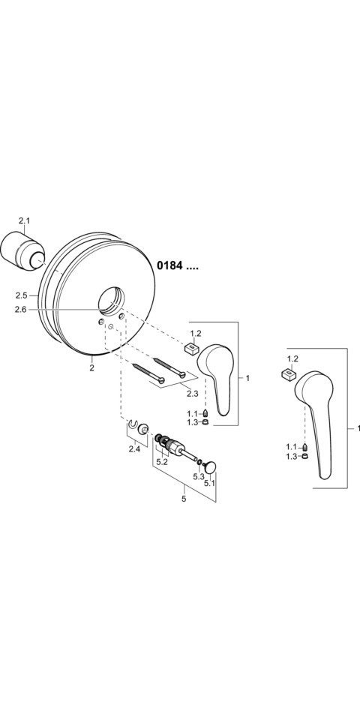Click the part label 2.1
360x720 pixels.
click(24, 220)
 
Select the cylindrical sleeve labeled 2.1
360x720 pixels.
click(22, 253)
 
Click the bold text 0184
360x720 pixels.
click(170, 265)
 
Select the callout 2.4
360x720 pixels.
click(134, 449)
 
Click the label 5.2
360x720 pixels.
click(162, 463)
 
